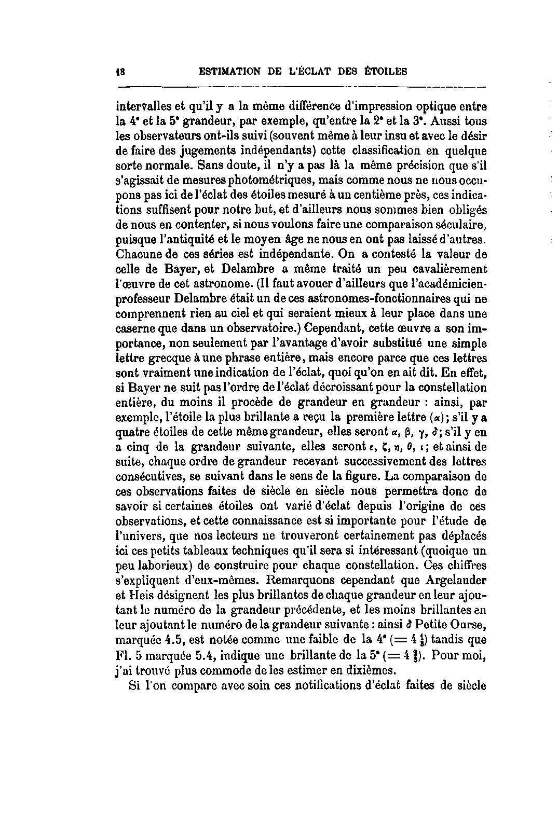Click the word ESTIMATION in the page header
(228, 72)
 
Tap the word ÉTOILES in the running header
(385, 72)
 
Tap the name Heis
(140, 594)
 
